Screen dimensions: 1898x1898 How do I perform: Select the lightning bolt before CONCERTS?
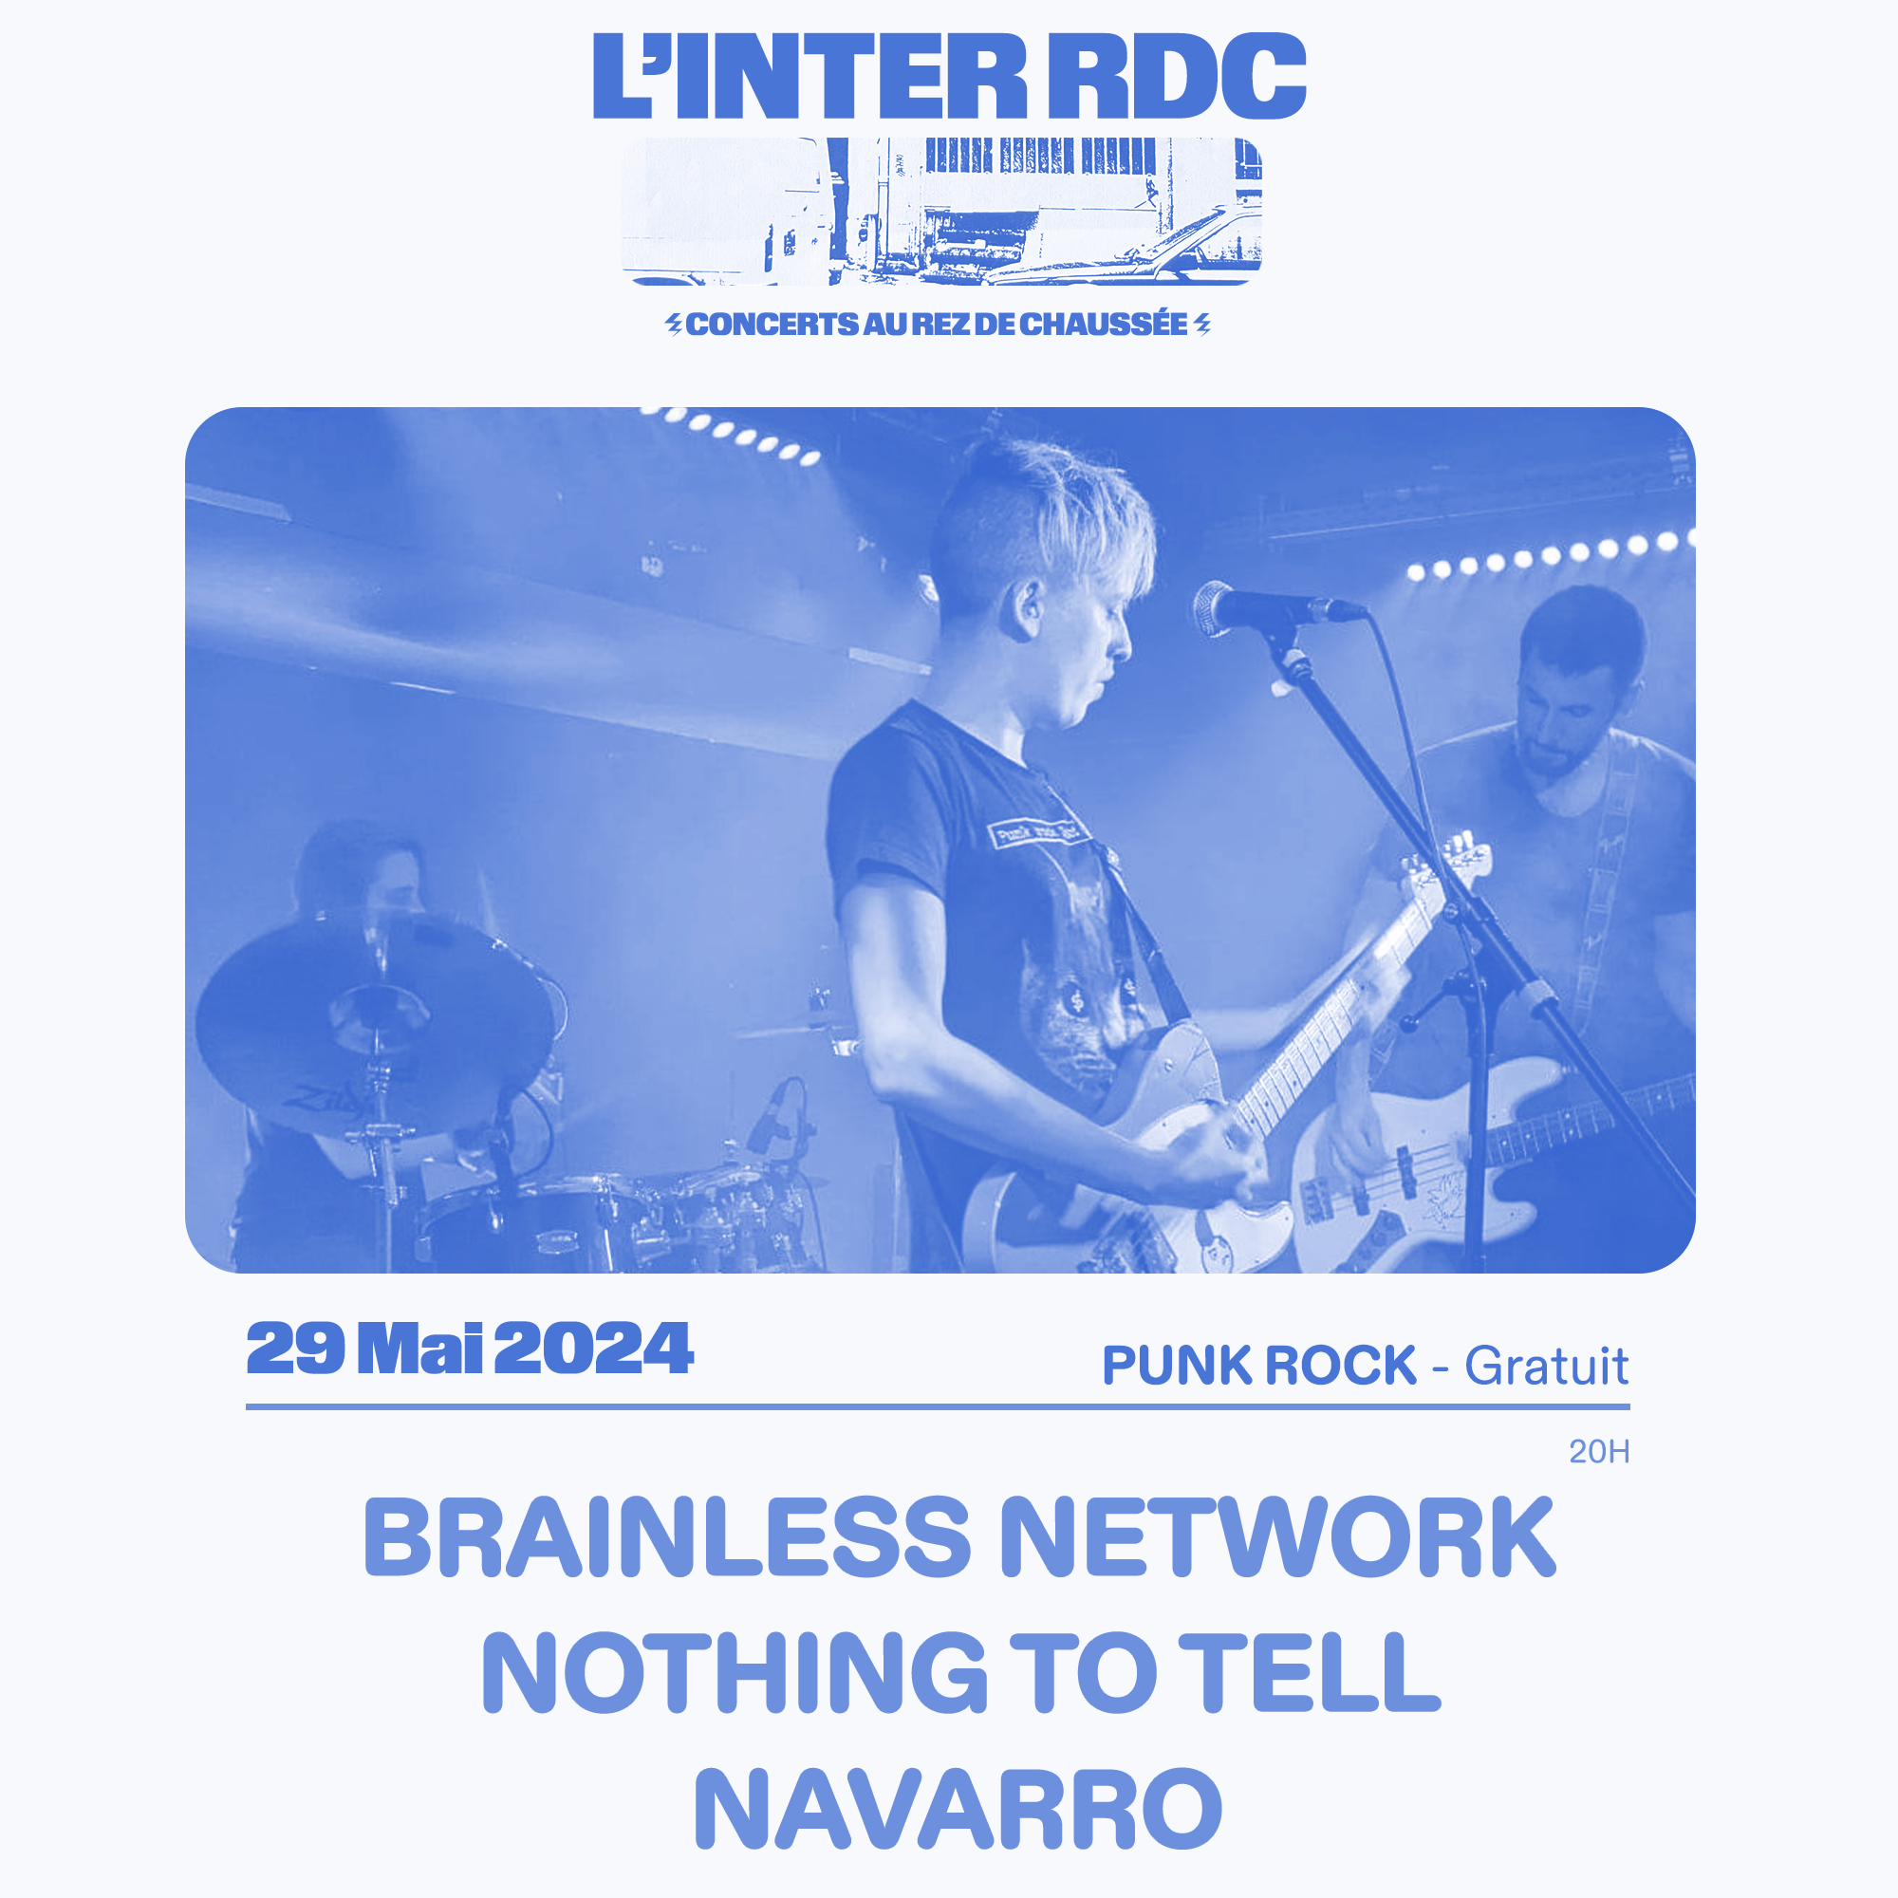tap(674, 325)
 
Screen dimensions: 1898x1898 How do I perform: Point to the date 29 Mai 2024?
tap(470, 1349)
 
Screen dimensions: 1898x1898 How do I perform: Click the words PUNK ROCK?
tap(1259, 1366)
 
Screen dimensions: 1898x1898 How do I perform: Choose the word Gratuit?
tap(1547, 1366)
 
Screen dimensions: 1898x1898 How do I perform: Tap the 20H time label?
tap(1599, 1451)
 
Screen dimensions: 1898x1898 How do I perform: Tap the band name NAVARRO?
tap(958, 1809)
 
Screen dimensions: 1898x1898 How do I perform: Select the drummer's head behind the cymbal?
tap(362, 869)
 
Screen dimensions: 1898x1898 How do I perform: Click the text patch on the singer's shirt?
tap(1036, 833)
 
